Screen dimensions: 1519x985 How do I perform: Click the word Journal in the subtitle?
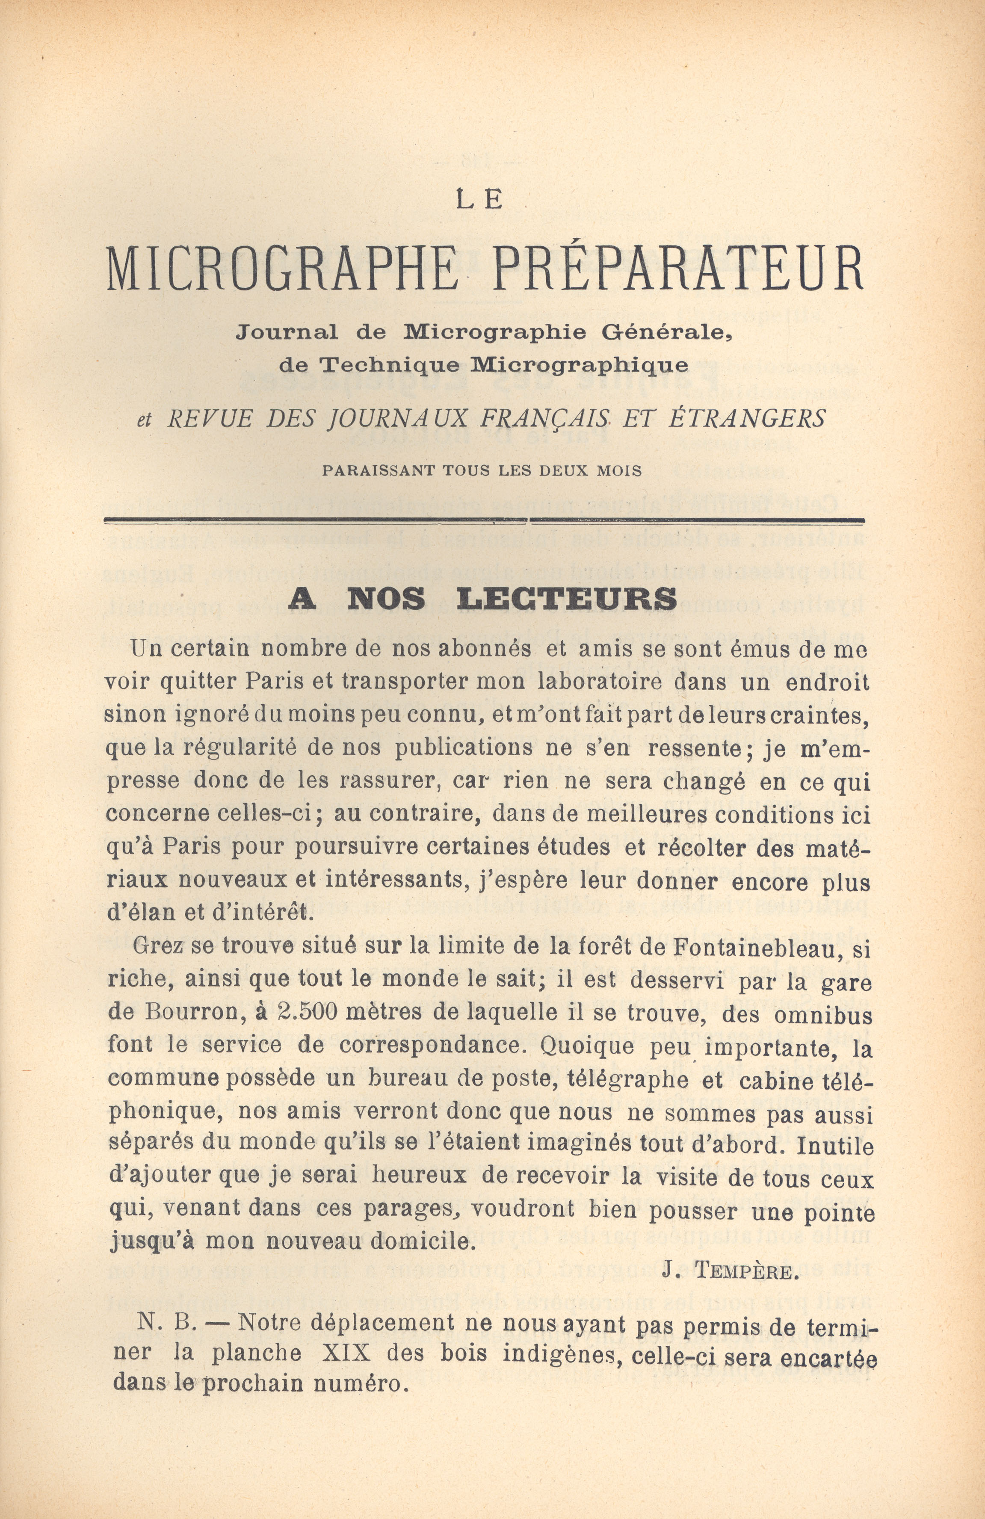[287, 332]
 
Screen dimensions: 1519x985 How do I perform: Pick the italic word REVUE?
[211, 419]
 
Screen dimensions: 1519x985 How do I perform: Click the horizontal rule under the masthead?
[484, 520]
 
